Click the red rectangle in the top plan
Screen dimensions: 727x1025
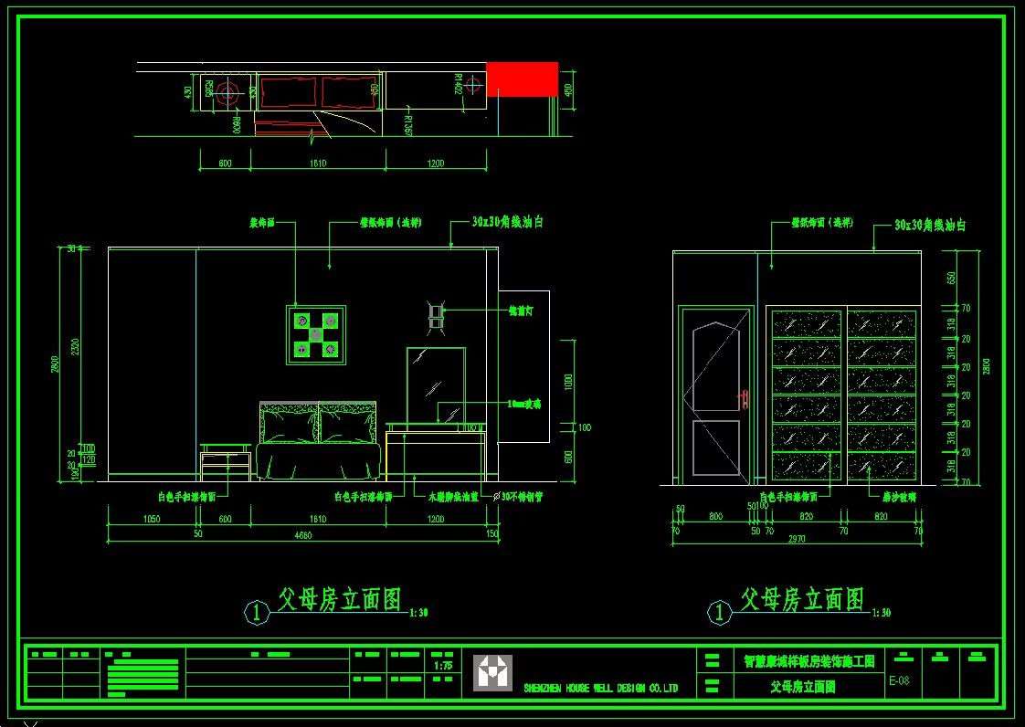(522, 79)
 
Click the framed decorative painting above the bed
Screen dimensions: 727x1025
(316, 334)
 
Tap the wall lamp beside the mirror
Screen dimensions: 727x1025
(437, 315)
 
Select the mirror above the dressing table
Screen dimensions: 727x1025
(436, 385)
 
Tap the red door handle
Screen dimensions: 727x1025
(743, 398)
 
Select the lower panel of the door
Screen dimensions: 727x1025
(716, 448)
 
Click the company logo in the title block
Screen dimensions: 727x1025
(492, 673)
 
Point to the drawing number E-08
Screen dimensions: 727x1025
(898, 680)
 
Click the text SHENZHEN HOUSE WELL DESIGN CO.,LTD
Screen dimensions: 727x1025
(600, 688)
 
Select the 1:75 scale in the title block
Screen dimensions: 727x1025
(441, 666)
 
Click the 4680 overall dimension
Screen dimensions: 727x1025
(302, 535)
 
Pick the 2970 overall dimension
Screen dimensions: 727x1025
(797, 540)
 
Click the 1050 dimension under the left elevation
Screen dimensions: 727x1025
(152, 519)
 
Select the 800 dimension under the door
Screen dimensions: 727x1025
(715, 517)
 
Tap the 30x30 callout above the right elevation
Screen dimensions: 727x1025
(929, 225)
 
